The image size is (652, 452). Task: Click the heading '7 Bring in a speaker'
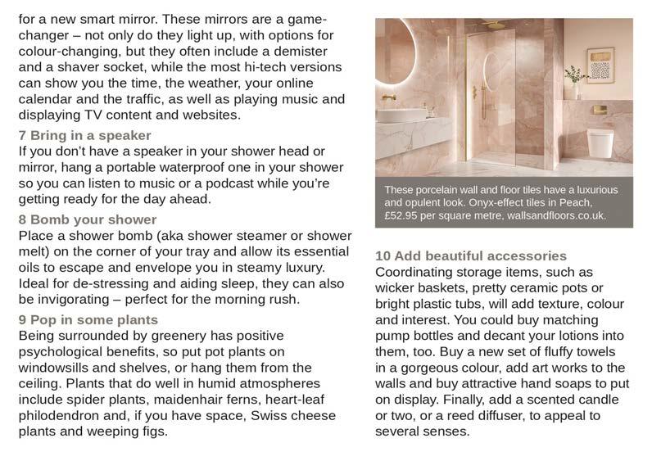click(x=85, y=135)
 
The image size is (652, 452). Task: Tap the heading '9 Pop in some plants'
click(x=88, y=319)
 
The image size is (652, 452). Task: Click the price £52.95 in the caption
click(x=407, y=216)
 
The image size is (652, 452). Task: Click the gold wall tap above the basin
click(x=390, y=97)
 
